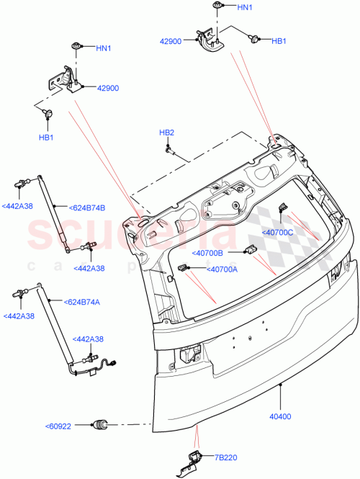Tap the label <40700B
tap(208, 253)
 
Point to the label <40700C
tap(278, 232)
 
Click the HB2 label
tap(166, 133)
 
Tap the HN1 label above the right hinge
tap(245, 7)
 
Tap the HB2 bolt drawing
tap(170, 151)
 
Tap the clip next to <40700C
tap(282, 208)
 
